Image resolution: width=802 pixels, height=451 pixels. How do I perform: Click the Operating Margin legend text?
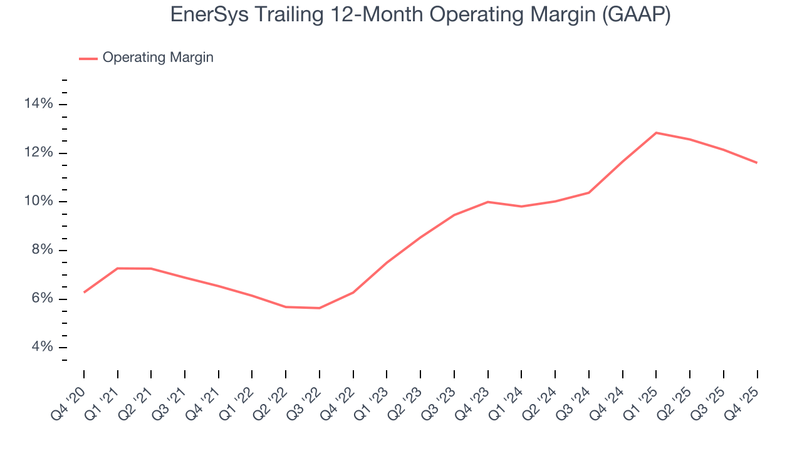(x=158, y=58)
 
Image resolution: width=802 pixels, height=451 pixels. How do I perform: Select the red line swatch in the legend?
(x=88, y=58)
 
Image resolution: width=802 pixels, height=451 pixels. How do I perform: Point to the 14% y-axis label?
(x=39, y=104)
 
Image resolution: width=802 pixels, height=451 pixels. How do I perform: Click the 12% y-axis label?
(x=39, y=153)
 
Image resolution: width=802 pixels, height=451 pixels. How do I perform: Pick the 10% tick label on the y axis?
(x=39, y=202)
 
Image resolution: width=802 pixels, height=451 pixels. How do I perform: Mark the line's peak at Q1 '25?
(x=656, y=133)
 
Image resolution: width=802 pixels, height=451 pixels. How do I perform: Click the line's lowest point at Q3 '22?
(x=320, y=308)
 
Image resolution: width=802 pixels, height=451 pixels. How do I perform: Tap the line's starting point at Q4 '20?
(x=84, y=292)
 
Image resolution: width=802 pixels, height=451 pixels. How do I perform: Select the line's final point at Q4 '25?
(x=757, y=163)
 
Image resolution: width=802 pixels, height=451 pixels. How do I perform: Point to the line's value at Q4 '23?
(x=487, y=202)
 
